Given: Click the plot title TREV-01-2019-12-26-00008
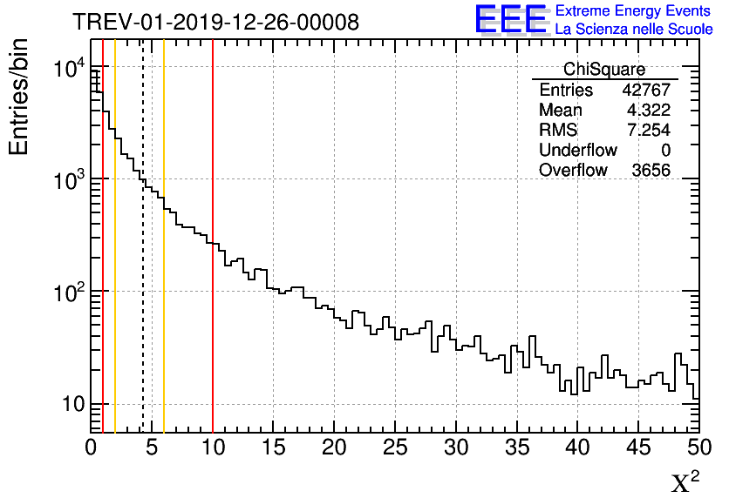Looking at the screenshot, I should [215, 22].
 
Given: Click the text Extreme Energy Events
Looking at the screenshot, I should [633, 11].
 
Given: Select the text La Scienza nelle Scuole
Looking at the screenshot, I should [633, 29].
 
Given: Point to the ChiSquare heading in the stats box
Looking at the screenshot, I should [604, 70].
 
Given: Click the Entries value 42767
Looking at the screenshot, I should [646, 91].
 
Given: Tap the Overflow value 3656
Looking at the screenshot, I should [651, 171].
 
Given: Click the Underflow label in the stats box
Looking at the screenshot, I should [578, 151].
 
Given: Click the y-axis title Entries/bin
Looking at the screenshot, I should [19, 96].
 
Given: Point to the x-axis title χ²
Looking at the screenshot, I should [685, 481].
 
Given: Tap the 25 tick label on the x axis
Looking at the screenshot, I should [395, 448].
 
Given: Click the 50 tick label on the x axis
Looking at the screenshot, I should [698, 448].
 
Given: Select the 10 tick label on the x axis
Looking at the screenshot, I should [213, 448].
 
